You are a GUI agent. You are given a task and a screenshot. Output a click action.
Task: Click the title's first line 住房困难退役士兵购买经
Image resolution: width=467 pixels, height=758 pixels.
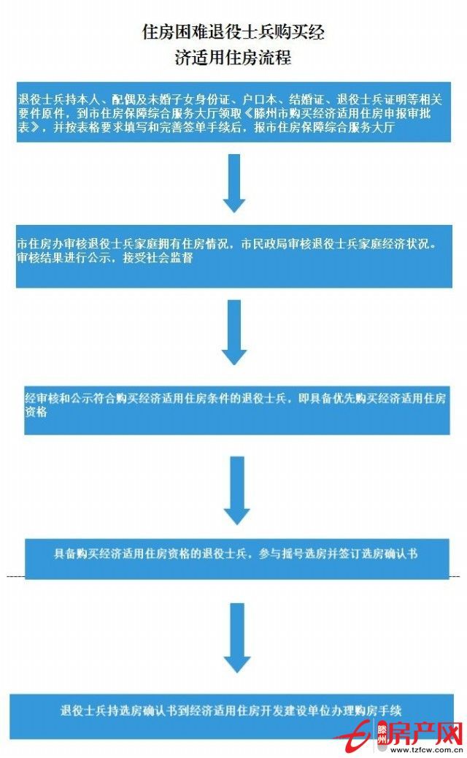tap(233, 31)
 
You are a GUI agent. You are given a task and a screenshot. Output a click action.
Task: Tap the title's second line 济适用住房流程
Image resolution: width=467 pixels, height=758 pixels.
tap(233, 57)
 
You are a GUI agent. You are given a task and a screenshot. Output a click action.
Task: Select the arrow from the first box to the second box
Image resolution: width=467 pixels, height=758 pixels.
tap(234, 183)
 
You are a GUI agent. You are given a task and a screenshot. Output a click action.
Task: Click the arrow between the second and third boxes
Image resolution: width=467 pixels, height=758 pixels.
tap(234, 332)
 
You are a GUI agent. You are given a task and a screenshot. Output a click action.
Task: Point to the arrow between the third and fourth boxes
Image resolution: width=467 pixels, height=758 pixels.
tap(236, 489)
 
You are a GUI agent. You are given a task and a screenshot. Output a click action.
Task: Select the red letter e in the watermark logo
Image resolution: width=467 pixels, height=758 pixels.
tap(359, 732)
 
